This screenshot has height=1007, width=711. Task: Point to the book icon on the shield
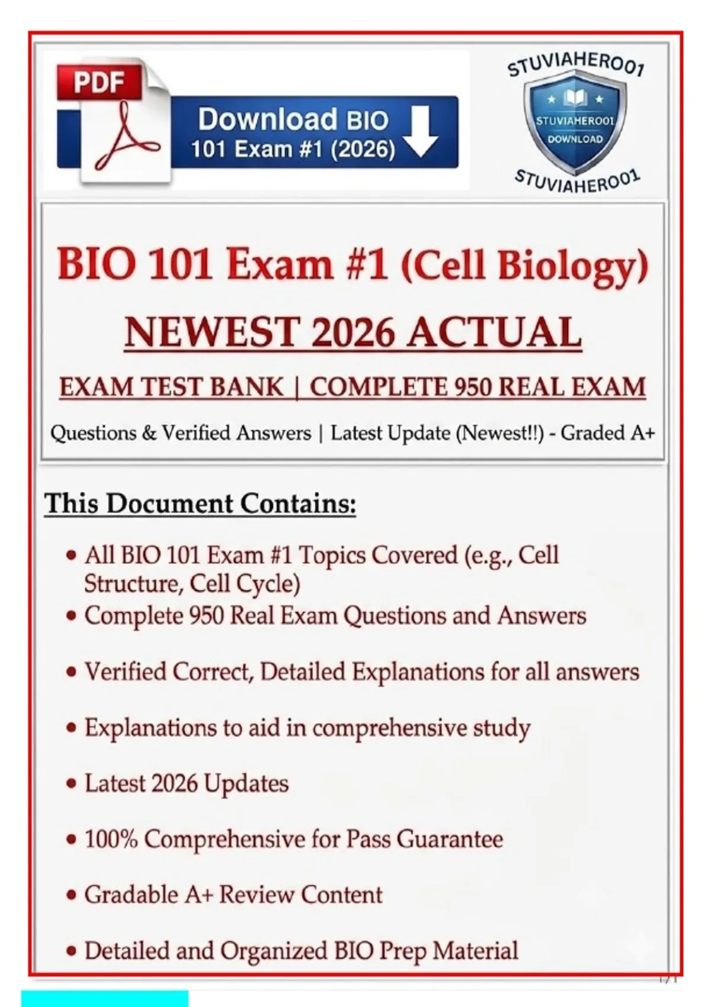click(575, 97)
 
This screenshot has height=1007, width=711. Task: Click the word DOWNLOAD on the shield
click(575, 139)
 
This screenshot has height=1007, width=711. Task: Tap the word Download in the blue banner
click(267, 119)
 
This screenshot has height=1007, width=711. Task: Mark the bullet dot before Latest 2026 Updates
click(71, 784)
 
